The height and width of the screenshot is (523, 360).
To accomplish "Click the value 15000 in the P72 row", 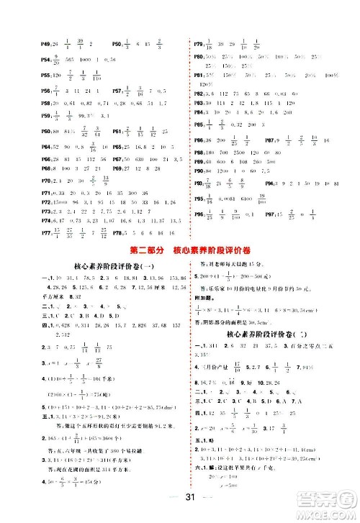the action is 53,204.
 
